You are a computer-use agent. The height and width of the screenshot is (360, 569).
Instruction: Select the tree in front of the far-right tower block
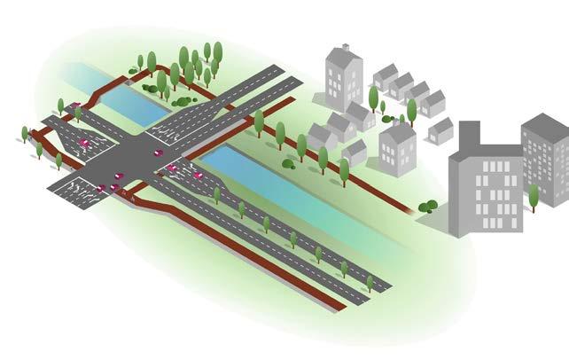534,196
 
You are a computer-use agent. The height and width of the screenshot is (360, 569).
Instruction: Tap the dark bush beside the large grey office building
428,207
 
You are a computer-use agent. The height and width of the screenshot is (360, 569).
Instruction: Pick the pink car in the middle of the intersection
159,153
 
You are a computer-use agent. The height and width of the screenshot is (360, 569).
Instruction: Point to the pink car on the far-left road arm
84,141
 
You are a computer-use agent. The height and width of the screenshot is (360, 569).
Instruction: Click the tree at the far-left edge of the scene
25,134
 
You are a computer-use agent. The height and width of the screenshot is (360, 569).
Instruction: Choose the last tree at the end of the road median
370,283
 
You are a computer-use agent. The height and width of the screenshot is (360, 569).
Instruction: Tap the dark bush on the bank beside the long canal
289,163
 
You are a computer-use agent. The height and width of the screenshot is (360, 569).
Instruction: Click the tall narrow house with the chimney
344,75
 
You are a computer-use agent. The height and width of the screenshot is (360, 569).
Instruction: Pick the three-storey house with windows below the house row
398,146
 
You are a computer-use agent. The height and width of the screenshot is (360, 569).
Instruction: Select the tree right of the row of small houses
411,110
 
